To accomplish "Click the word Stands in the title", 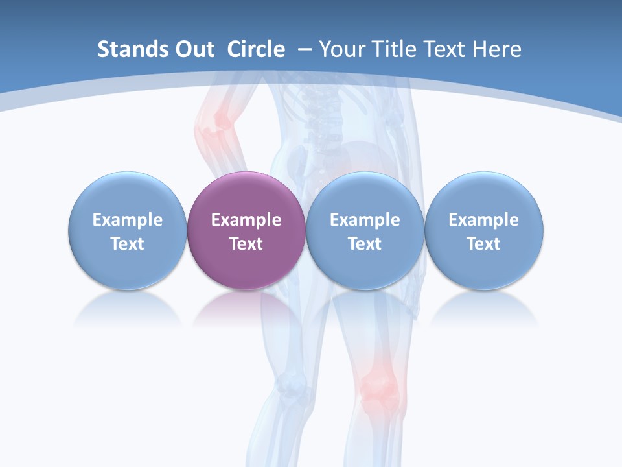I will click(128, 49).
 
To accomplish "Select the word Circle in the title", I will click(256, 49).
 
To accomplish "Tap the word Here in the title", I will click(498, 49).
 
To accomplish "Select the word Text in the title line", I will click(446, 49).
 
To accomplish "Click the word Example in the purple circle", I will click(246, 220).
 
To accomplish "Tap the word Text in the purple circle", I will click(246, 244).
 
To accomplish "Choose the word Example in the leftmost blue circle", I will click(128, 220).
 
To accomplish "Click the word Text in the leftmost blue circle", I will click(128, 244).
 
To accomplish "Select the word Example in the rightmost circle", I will click(484, 220).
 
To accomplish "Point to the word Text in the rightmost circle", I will click(484, 244).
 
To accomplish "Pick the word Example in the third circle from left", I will click(365, 220).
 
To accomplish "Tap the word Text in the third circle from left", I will click(365, 244).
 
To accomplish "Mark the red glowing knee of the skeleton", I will click(374, 382).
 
